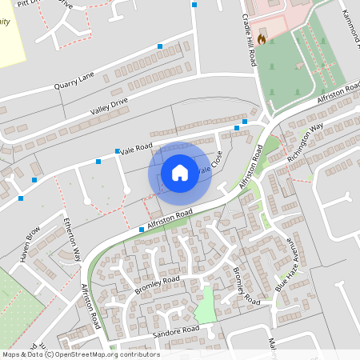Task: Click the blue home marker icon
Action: [x=180, y=172]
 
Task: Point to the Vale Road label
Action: [x=136, y=148]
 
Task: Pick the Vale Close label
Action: [x=209, y=165]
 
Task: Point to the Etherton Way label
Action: [x=73, y=239]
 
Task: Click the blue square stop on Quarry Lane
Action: [x=159, y=47]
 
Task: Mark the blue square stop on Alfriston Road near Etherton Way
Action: [x=142, y=230]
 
